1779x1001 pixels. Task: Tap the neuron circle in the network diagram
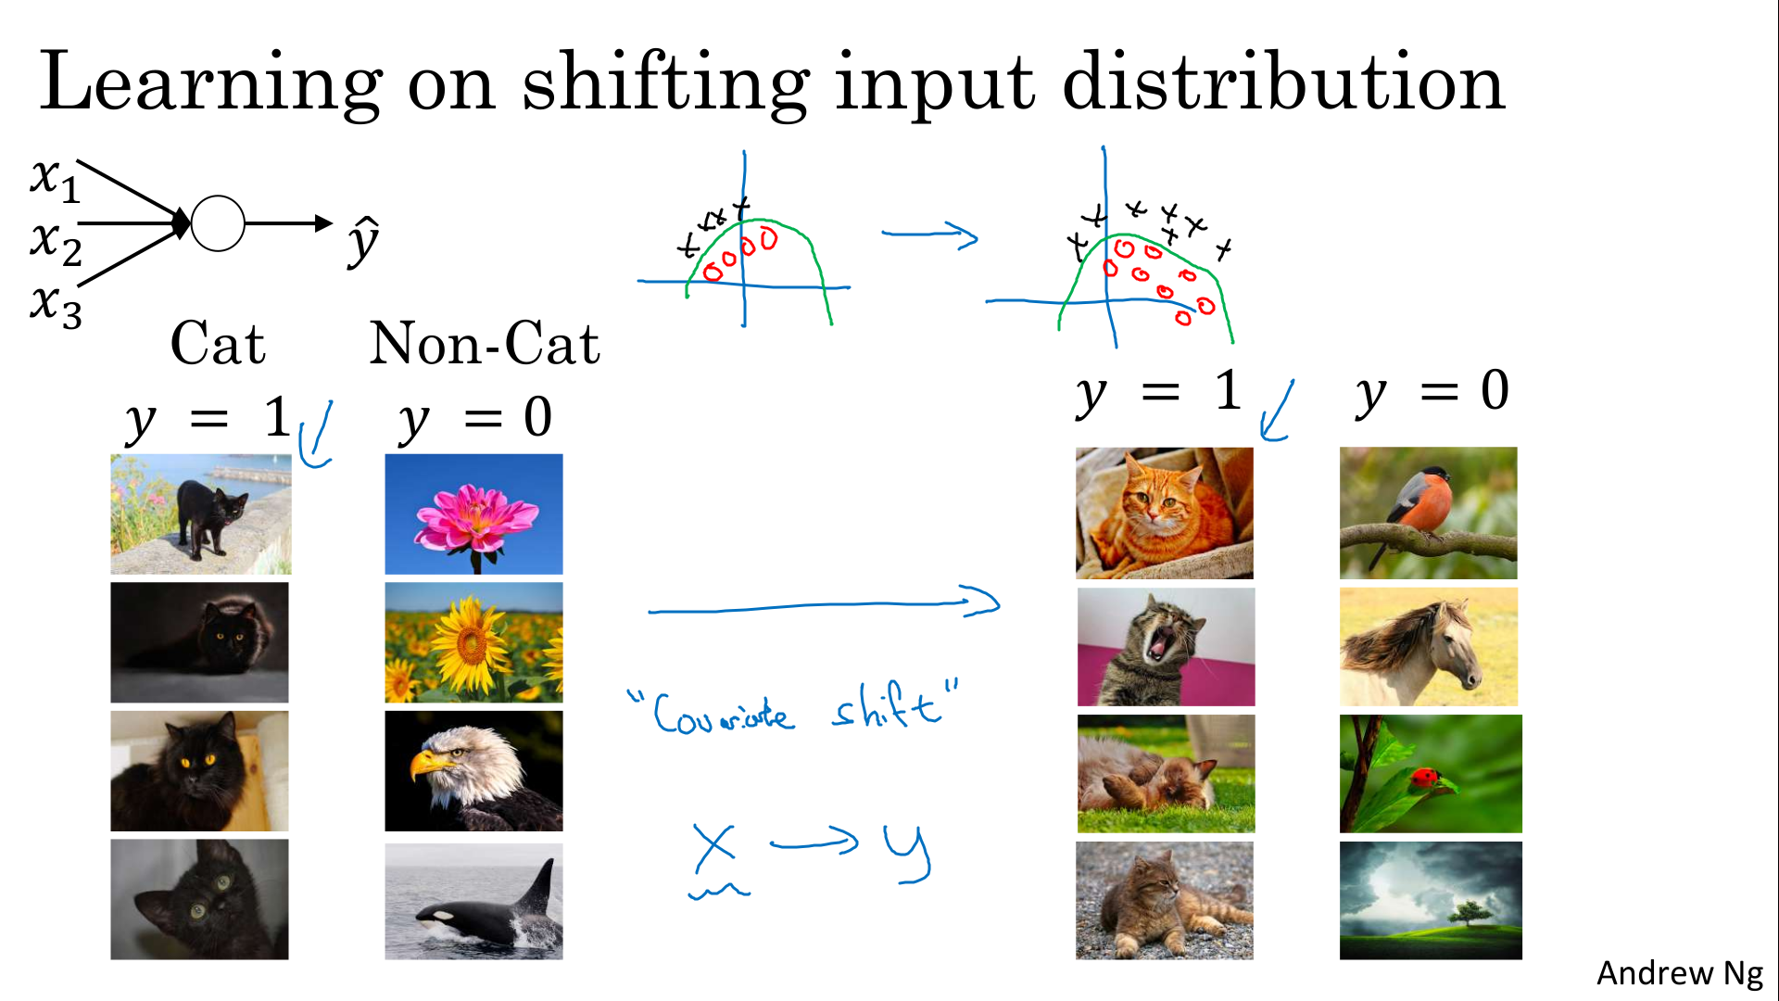coord(218,223)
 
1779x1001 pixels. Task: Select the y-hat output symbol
coord(363,241)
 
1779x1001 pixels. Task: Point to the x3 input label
coord(56,306)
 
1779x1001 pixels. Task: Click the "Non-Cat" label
coord(485,343)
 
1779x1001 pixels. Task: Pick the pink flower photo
coord(473,513)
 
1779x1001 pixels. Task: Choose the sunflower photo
coord(473,642)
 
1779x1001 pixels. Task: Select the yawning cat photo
coord(1166,647)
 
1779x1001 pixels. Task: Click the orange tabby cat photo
coord(1165,513)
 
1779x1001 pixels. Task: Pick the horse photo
coord(1429,647)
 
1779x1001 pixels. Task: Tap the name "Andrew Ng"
coord(1680,973)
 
